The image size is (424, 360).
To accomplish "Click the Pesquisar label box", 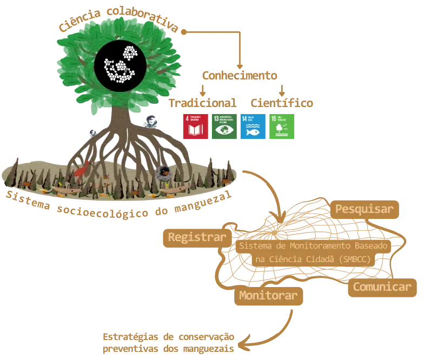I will point(363,209).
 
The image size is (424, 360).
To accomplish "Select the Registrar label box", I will point(197,237).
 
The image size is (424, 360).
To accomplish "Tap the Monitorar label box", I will point(268,295).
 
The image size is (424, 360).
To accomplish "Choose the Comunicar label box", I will point(382,286).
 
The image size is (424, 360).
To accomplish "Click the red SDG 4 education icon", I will point(195,126).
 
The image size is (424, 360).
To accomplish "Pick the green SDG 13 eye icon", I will point(223,126).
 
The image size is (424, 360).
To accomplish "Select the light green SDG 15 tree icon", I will point(283,126).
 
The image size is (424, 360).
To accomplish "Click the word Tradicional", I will point(202,102).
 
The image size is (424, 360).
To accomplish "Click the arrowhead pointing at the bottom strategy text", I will point(241,342).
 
